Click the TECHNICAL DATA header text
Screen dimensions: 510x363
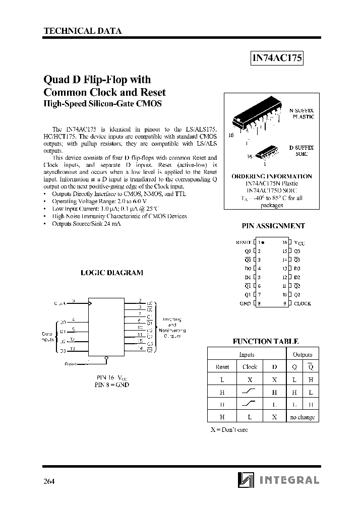click(83, 31)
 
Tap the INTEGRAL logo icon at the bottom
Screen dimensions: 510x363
click(246, 480)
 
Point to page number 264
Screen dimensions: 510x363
click(49, 481)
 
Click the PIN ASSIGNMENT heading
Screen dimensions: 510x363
click(274, 226)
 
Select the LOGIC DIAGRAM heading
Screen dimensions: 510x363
click(112, 273)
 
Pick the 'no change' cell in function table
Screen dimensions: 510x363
click(302, 417)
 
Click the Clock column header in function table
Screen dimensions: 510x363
click(250, 367)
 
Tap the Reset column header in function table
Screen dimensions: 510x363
click(222, 367)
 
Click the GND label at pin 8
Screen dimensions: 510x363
click(246, 303)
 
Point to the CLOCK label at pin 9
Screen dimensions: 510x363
click(302, 303)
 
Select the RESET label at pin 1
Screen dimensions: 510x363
click(244, 242)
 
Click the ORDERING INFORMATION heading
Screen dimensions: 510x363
click(272, 176)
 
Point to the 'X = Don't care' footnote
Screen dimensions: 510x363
click(229, 430)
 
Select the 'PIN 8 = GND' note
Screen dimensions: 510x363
click(112, 385)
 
